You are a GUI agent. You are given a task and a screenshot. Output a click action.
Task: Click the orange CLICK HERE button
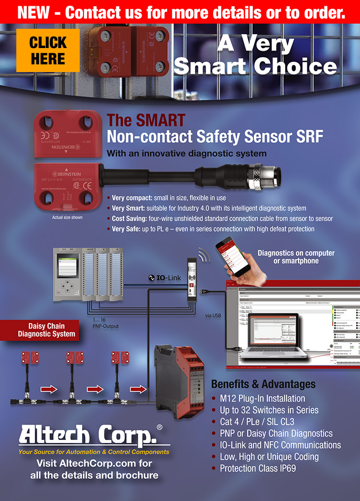[48, 50]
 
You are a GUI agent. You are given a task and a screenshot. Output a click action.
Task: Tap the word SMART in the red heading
[159, 120]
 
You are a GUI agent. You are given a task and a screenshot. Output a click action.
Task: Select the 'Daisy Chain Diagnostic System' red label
[47, 330]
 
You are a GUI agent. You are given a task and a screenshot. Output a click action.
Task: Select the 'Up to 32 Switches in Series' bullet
[269, 410]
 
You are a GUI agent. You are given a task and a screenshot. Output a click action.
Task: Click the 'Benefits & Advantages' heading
[263, 384]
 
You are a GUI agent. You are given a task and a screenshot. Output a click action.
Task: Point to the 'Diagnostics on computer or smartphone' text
[296, 257]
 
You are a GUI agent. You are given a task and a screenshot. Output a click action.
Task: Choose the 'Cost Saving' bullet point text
[222, 219]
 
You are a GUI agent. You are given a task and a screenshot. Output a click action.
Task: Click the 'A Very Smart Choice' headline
[255, 55]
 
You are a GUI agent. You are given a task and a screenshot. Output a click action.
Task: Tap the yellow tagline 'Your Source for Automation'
[94, 452]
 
